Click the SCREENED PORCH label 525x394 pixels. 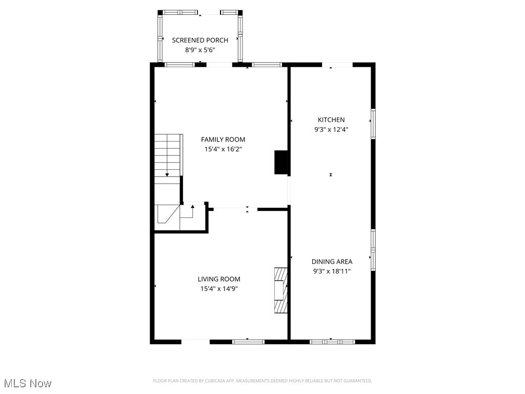[x=200, y=40]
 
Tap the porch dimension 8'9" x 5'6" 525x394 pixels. [x=200, y=50]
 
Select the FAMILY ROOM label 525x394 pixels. [x=223, y=139]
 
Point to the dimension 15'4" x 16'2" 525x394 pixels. [x=223, y=149]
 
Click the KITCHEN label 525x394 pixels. [x=331, y=120]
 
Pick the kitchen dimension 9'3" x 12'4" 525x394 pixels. [x=331, y=130]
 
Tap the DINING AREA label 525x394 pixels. [x=331, y=261]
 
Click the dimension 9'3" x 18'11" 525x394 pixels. [x=331, y=271]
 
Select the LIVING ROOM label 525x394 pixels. [x=219, y=279]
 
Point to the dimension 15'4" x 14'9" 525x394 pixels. [x=219, y=289]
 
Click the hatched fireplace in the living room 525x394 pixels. [x=280, y=290]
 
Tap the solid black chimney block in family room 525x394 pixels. [x=281, y=162]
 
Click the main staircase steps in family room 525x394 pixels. [x=168, y=154]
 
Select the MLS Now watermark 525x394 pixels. [x=28, y=383]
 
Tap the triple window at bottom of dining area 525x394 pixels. [x=332, y=341]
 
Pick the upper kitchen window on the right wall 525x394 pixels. [x=373, y=124]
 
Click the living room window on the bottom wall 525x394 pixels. [x=249, y=341]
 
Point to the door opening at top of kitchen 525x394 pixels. [x=337, y=65]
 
